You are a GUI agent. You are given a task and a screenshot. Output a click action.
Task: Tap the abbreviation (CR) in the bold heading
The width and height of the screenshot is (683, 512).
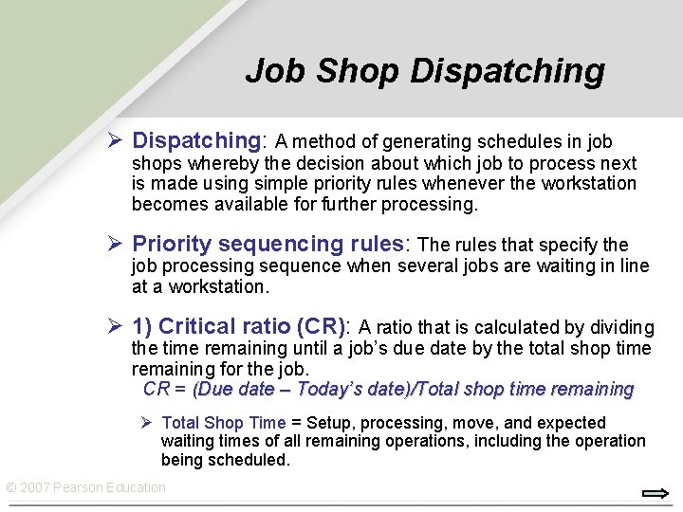point(321,327)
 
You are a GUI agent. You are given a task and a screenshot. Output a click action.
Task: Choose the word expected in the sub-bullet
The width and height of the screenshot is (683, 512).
point(571,423)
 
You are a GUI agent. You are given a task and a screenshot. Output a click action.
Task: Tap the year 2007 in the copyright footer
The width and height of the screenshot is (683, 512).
point(35,487)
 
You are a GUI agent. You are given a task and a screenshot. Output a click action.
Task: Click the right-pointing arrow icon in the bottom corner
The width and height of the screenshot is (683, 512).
point(655,493)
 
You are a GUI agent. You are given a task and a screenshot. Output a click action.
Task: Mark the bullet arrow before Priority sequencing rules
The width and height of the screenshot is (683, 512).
point(115,245)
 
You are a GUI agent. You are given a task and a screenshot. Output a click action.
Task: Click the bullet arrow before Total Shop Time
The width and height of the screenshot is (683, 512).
point(147,423)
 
